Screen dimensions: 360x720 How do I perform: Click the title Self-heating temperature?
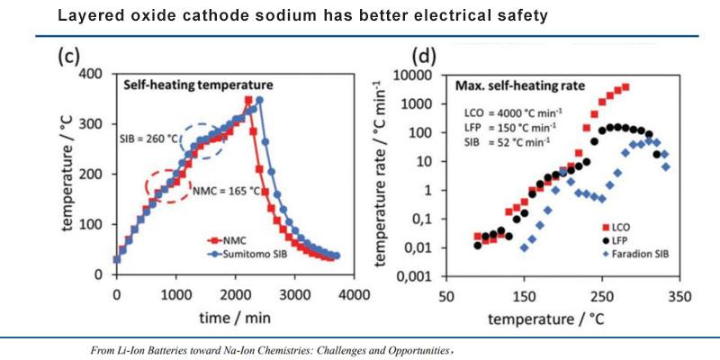click(198, 85)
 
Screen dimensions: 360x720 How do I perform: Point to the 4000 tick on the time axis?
click(351, 293)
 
